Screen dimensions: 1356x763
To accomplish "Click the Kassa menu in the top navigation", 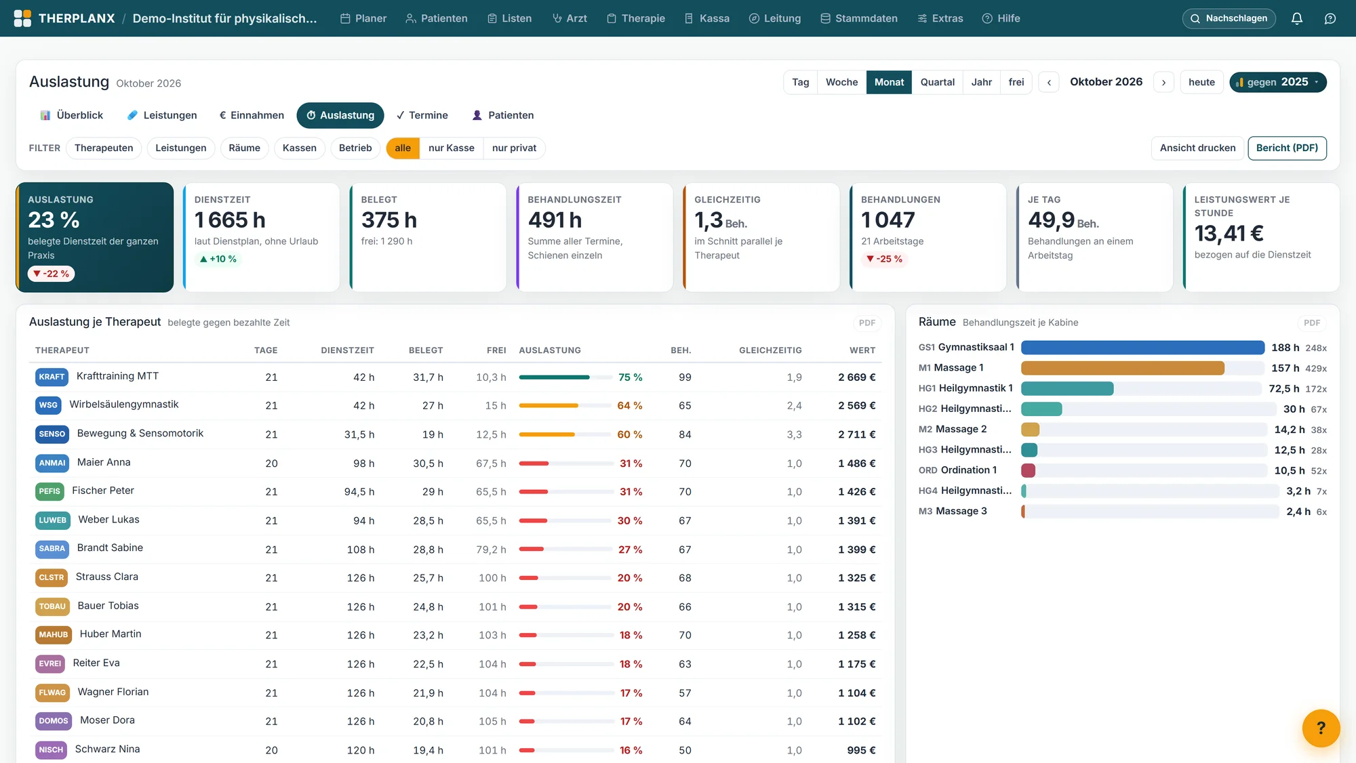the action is click(x=706, y=18).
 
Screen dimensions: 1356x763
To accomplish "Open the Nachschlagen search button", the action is click(x=1229, y=18).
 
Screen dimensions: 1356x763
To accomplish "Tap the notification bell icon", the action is click(x=1296, y=18).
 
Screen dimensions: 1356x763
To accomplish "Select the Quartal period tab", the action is click(x=937, y=82).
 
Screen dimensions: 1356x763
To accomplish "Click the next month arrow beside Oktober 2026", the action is click(x=1163, y=83).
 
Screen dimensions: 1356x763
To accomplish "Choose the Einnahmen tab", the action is click(x=252, y=115).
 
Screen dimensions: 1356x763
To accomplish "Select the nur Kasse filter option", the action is click(x=451, y=148).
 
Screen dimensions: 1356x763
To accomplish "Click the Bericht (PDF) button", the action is click(x=1287, y=148).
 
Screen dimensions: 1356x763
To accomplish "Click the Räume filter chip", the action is click(x=244, y=148).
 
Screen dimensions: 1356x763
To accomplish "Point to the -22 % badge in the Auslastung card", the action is click(x=52, y=274).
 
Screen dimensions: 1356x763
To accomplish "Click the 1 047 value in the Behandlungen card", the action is click(x=888, y=220).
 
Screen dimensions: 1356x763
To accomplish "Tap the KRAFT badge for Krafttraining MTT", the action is click(x=52, y=377).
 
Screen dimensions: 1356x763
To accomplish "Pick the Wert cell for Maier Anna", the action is click(x=856, y=463).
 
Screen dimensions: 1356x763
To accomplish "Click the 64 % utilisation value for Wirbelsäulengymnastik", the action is click(x=629, y=406).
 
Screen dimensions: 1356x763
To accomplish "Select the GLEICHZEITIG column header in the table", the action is click(x=770, y=350).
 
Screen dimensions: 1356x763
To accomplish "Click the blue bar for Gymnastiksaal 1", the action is click(x=1142, y=348).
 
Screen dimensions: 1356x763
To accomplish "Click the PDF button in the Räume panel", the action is click(x=1311, y=323).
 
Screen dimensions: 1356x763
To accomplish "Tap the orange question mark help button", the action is click(x=1321, y=728).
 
